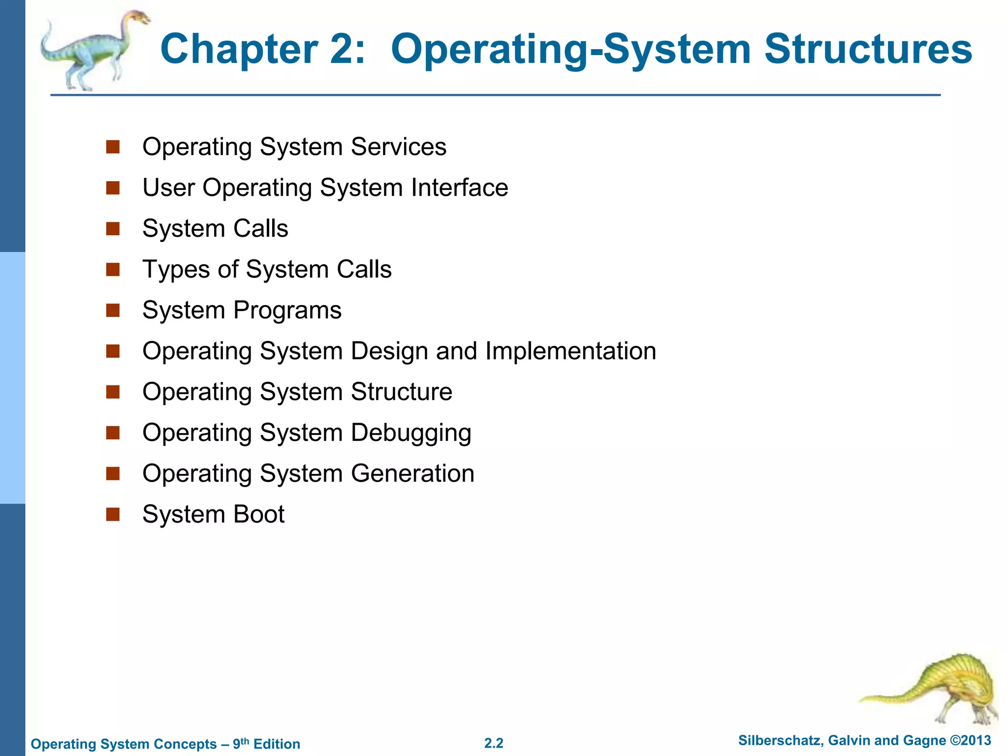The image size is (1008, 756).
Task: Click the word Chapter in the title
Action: click(x=239, y=49)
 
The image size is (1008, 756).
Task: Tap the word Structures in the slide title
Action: click(x=868, y=49)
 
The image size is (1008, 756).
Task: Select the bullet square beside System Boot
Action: click(x=113, y=514)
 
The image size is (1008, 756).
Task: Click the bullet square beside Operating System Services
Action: click(x=113, y=147)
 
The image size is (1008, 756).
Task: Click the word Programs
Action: click(x=287, y=311)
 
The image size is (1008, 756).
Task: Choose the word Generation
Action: click(x=412, y=473)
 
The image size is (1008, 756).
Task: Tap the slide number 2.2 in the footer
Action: click(x=494, y=743)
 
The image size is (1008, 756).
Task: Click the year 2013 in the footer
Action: click(x=976, y=740)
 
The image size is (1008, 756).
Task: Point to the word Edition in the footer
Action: click(x=277, y=744)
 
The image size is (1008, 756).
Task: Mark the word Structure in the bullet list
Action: click(x=401, y=392)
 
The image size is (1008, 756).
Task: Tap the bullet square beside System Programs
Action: click(x=113, y=310)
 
